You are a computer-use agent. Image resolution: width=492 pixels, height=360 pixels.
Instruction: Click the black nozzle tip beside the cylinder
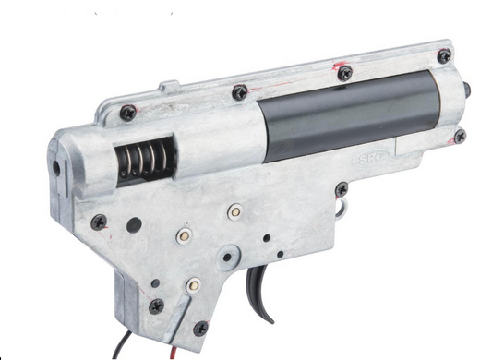[468, 89]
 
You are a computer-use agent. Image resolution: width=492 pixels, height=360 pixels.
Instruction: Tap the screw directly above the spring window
[127, 113]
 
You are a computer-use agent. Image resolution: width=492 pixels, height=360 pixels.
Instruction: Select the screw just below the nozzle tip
[459, 136]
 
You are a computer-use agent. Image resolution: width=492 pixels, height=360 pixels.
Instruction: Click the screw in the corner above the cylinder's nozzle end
[444, 56]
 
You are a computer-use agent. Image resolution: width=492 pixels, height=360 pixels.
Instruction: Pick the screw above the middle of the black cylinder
[343, 71]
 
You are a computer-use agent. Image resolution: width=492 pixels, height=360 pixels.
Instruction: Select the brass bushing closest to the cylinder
[235, 211]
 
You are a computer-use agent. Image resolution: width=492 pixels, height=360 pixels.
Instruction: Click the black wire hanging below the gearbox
[121, 348]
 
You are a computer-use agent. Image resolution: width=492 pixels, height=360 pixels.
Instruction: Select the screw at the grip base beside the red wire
[199, 327]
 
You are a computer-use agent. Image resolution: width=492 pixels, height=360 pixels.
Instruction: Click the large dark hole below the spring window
[135, 223]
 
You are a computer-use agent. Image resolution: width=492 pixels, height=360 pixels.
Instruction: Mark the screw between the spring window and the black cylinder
[239, 92]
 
